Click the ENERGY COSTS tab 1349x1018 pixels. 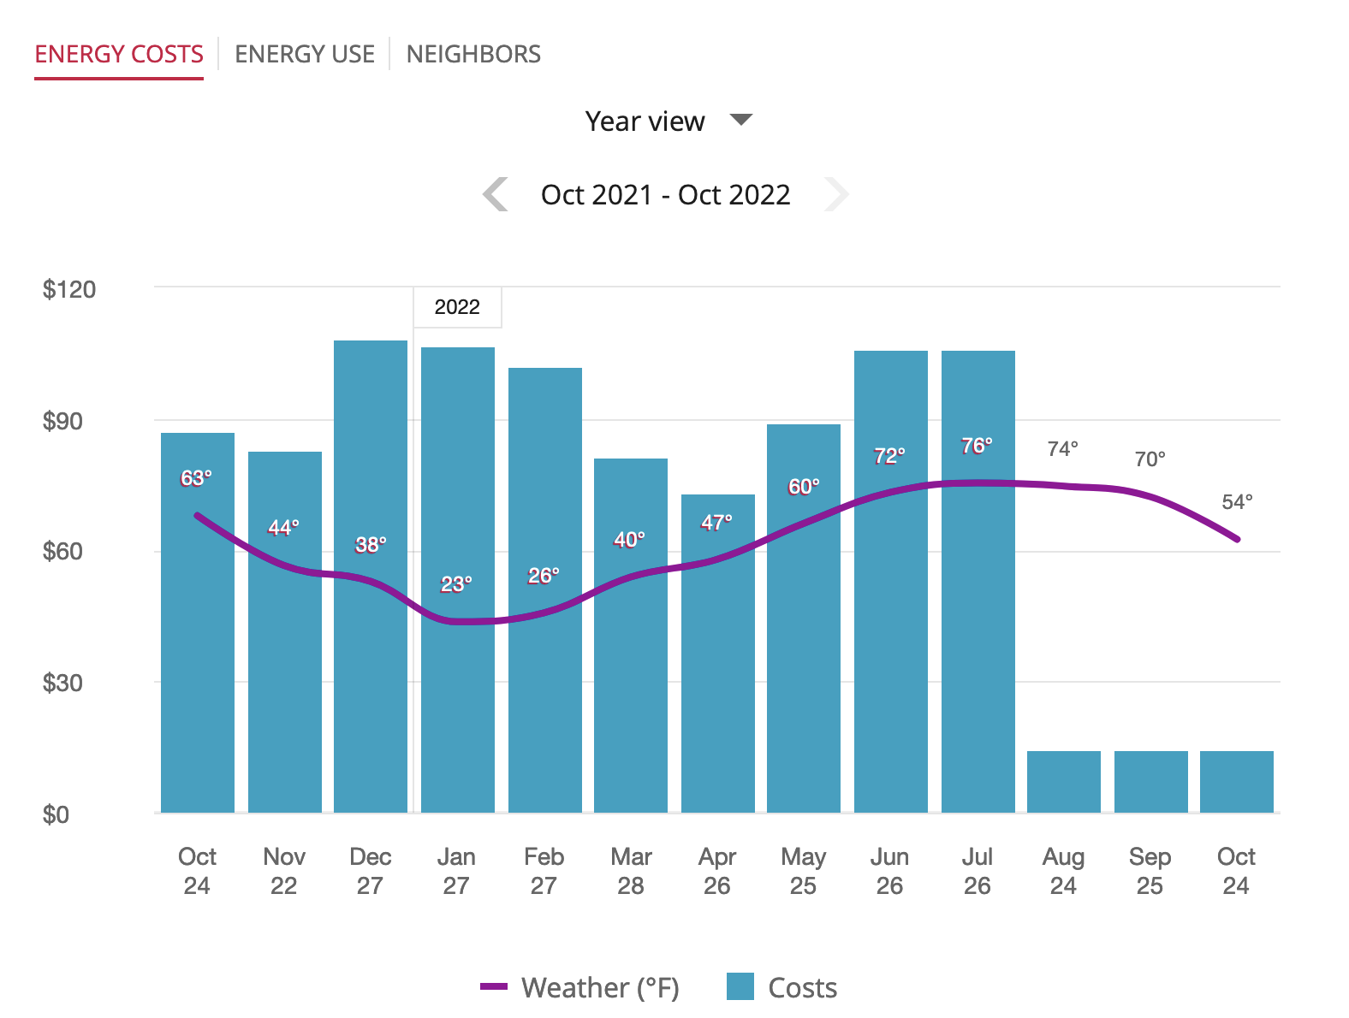click(x=119, y=54)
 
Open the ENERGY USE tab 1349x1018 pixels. click(x=304, y=54)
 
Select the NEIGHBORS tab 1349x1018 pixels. click(x=473, y=54)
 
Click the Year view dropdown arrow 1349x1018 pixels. click(x=740, y=119)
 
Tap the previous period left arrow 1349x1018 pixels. click(x=495, y=194)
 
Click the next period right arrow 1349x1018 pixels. click(x=836, y=194)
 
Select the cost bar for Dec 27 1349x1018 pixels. click(x=370, y=577)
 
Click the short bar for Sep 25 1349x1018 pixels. click(x=1150, y=782)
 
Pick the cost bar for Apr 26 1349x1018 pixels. click(x=718, y=654)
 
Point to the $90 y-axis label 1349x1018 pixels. click(x=62, y=421)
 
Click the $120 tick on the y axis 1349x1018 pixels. click(x=68, y=289)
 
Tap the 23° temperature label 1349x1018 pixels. click(x=456, y=584)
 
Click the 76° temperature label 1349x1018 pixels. click(x=977, y=446)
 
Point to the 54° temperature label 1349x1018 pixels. click(x=1237, y=501)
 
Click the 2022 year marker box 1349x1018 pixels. click(x=457, y=307)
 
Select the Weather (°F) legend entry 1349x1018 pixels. click(x=579, y=987)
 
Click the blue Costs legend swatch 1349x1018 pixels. click(x=740, y=986)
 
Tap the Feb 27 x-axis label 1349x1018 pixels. click(x=544, y=871)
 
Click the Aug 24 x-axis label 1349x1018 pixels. click(x=1063, y=871)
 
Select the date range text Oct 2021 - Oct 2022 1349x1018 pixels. click(x=666, y=195)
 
